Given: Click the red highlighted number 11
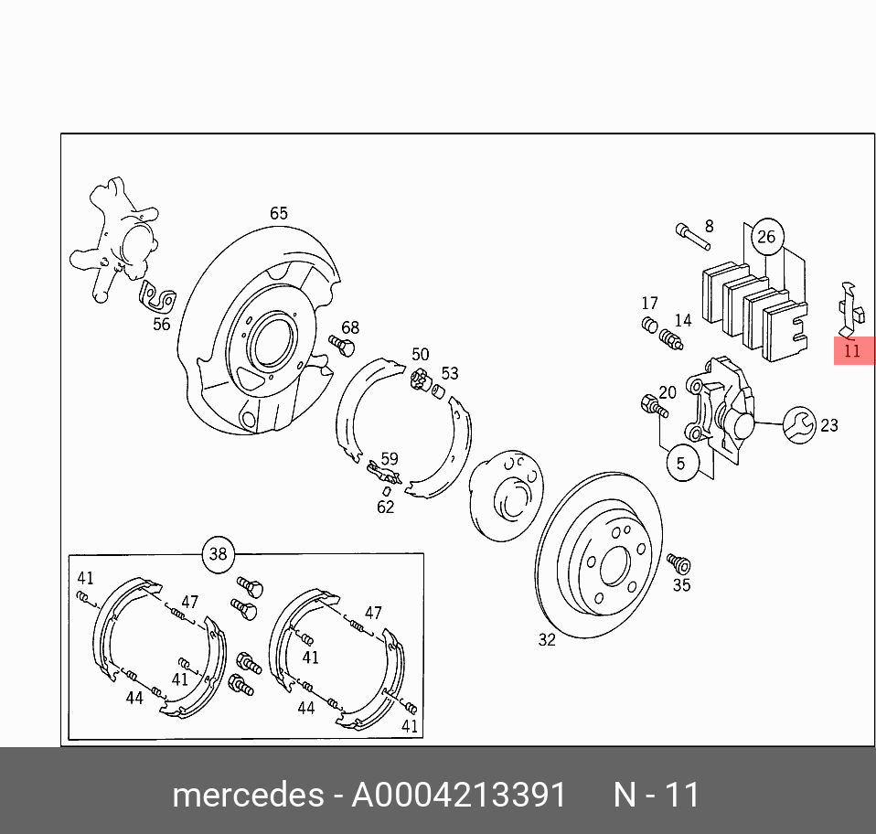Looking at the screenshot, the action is [x=852, y=350].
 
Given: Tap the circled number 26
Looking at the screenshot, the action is [x=765, y=238].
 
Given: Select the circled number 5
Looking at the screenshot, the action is [x=681, y=464].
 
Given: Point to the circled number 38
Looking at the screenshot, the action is [x=218, y=554].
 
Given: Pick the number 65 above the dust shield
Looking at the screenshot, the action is [x=278, y=213].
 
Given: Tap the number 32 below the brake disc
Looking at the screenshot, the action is [x=546, y=640].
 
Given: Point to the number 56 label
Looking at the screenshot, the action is [x=161, y=324].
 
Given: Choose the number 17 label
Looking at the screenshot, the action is [x=649, y=303].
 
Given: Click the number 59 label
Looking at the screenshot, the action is [x=390, y=459].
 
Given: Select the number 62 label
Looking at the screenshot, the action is [x=386, y=506].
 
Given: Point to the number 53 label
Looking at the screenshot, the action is [x=450, y=373].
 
